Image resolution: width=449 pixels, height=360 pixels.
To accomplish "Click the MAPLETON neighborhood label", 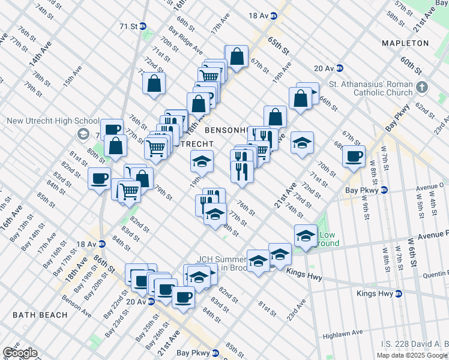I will [x=405, y=43].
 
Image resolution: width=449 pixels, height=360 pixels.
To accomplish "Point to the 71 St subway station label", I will [x=129, y=26].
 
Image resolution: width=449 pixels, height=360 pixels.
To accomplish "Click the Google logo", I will [x=19, y=353].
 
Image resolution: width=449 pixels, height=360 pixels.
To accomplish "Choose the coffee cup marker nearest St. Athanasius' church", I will [x=354, y=157].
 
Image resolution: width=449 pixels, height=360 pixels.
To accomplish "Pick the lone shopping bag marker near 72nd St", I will [x=154, y=83].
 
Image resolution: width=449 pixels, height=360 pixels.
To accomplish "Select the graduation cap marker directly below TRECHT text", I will [x=202, y=161].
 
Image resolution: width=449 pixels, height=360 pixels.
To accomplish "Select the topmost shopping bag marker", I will [x=237, y=57].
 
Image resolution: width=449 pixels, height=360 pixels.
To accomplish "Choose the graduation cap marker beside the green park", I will [x=306, y=235].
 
